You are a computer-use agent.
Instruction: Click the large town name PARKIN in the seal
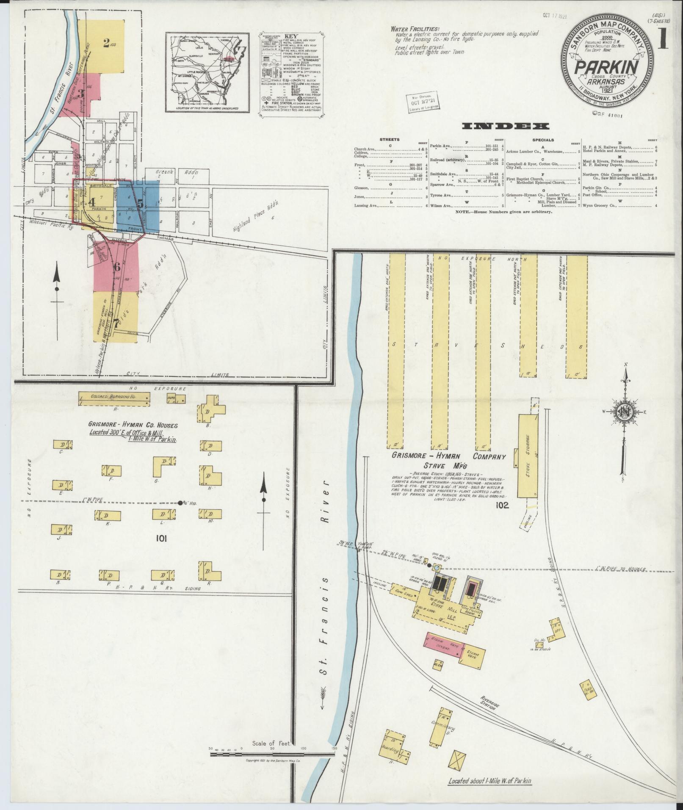[x=606, y=66]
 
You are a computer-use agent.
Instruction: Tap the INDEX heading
[x=506, y=126]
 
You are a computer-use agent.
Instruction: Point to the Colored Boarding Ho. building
[x=114, y=398]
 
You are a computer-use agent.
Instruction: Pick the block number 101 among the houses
[x=161, y=538]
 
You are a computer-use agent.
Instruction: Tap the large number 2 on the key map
[x=106, y=42]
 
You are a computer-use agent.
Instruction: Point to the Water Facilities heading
[x=415, y=29]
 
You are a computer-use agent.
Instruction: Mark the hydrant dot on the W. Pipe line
[x=180, y=503]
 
